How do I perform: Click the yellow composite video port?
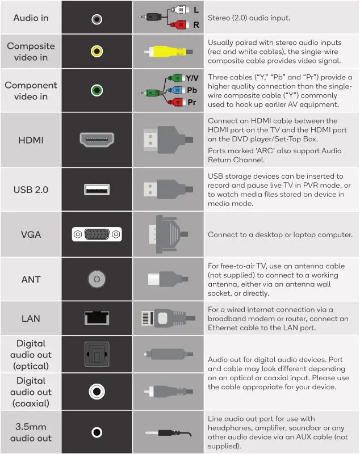point(97,52)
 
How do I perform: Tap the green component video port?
point(97,90)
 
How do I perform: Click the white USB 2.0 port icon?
point(97,189)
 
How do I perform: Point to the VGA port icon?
point(97,234)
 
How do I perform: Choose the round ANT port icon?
point(97,279)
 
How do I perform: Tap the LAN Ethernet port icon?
point(97,318)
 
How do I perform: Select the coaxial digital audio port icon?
point(97,391)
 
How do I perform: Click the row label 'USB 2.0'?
point(31,189)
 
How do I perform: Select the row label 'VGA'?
point(31,234)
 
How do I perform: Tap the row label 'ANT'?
point(31,279)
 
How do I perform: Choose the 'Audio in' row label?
point(31,18)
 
